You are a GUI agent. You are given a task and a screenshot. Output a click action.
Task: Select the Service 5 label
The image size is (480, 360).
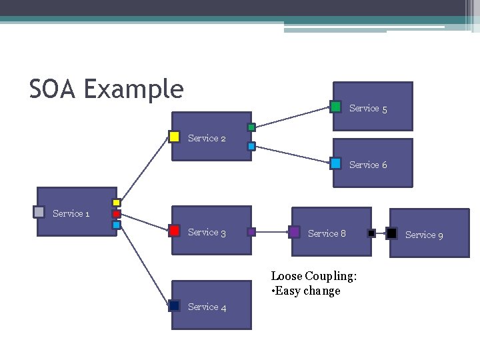[368, 108]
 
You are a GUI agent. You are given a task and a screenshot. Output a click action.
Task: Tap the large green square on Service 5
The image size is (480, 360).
[336, 107]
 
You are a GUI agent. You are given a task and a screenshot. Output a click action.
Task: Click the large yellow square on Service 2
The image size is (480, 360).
[174, 137]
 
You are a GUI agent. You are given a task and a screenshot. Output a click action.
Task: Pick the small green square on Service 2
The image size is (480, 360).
[251, 127]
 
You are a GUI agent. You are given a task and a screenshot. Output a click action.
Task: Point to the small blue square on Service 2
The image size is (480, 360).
[251, 146]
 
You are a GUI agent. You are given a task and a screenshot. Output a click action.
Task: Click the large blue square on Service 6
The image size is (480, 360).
[336, 163]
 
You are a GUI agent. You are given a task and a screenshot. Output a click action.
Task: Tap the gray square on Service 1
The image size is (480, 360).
[39, 212]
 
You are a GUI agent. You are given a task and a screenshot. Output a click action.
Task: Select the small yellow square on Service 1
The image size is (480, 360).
[116, 203]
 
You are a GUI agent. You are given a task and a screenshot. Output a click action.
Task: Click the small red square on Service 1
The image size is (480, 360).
[116, 214]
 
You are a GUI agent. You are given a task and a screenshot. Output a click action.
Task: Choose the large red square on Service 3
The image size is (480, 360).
[174, 231]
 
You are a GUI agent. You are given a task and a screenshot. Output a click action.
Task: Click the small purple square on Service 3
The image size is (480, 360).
[251, 232]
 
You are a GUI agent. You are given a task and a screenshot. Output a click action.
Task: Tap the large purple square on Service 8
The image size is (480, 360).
[294, 232]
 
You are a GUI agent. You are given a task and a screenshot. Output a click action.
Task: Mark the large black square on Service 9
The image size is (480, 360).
[392, 233]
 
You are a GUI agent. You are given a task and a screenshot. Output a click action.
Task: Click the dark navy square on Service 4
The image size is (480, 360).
[174, 305]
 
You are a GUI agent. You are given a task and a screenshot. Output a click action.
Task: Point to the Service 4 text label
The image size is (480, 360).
[207, 307]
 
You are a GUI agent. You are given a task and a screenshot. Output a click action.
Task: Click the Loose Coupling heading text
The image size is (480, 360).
[313, 276]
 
